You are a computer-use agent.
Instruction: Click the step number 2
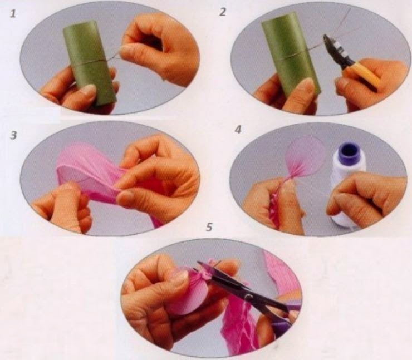coord(223,12)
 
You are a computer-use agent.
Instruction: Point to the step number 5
coord(209,228)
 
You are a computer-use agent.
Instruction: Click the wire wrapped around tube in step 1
coord(89,63)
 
